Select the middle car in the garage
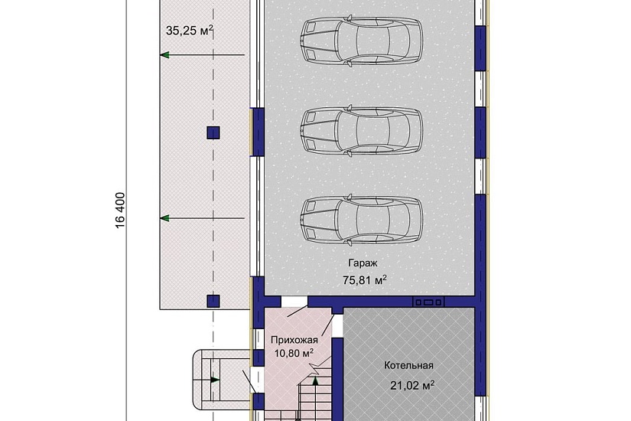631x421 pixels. (x=361, y=130)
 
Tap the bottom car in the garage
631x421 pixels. (x=361, y=220)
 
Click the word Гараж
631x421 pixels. (x=363, y=263)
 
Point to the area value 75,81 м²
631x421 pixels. (x=365, y=279)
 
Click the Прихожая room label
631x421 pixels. (x=294, y=340)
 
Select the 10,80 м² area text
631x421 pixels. (x=294, y=354)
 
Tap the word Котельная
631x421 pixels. (x=408, y=365)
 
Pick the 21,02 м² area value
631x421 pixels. (x=412, y=386)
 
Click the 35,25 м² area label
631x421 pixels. (x=189, y=31)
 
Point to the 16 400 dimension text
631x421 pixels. (x=120, y=210)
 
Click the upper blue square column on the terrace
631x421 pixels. (x=213, y=132)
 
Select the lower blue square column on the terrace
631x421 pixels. (x=213, y=301)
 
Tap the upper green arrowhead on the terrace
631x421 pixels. (x=164, y=55)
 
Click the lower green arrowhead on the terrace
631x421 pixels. (x=164, y=218)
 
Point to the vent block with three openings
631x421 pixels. (x=428, y=302)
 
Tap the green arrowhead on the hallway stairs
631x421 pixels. (x=316, y=380)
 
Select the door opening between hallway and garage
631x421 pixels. (x=294, y=302)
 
